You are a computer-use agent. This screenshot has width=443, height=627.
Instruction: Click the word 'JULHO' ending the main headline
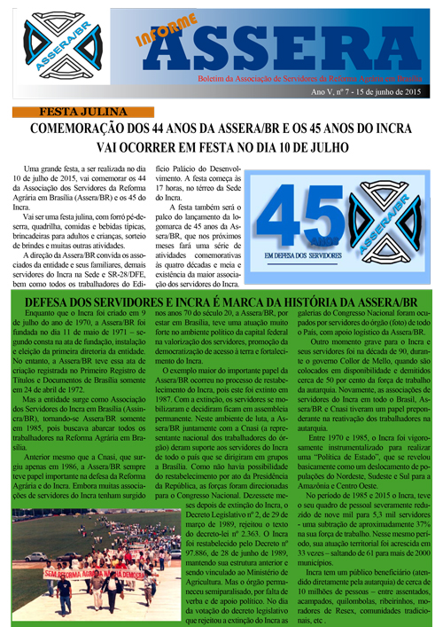pyautogui.click(x=324, y=147)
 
